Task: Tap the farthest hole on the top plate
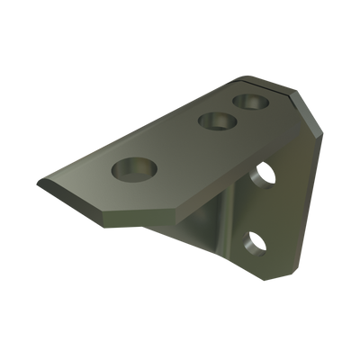click(249, 100)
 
